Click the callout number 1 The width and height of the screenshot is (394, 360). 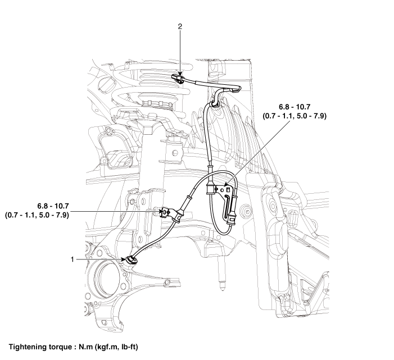pyautogui.click(x=72, y=259)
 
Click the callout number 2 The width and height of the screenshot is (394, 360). pyautogui.click(x=180, y=26)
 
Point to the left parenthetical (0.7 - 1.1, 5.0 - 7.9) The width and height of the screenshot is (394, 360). pyautogui.click(x=37, y=215)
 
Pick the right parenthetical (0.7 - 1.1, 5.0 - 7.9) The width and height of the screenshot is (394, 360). pyautogui.click(x=295, y=116)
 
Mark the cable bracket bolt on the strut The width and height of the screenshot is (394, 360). pyautogui.click(x=165, y=212)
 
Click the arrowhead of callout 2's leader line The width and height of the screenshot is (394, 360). pyautogui.click(x=180, y=73)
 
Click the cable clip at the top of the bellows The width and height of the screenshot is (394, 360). pyautogui.click(x=214, y=102)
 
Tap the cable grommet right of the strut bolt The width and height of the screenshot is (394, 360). pyautogui.click(x=179, y=216)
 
